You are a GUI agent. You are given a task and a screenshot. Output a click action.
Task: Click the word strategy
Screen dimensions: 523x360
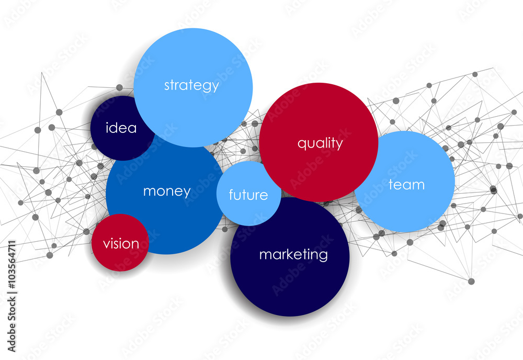click(x=191, y=85)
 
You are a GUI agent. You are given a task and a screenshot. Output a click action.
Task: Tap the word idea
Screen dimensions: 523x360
click(x=121, y=128)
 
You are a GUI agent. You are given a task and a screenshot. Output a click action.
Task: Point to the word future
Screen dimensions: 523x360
click(x=248, y=195)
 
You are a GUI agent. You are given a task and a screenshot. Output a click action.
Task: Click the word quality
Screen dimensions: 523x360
click(x=320, y=143)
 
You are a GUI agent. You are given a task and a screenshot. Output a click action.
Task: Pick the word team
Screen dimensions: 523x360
click(x=406, y=185)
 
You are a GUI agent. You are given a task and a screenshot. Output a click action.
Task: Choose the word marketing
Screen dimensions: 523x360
click(x=293, y=255)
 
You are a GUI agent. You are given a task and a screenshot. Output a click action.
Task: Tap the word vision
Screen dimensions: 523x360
click(x=121, y=243)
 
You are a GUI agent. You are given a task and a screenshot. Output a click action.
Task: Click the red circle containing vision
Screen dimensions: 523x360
click(x=120, y=243)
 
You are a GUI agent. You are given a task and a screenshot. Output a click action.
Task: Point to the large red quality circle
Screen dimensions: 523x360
click(x=319, y=142)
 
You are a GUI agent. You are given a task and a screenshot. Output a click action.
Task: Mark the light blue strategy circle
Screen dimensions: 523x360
click(x=193, y=87)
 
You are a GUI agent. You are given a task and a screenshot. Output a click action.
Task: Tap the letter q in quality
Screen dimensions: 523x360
click(x=302, y=144)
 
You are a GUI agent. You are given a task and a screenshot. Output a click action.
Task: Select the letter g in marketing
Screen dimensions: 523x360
click(x=323, y=256)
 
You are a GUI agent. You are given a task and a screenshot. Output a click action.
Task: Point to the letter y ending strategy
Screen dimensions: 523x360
click(x=215, y=87)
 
